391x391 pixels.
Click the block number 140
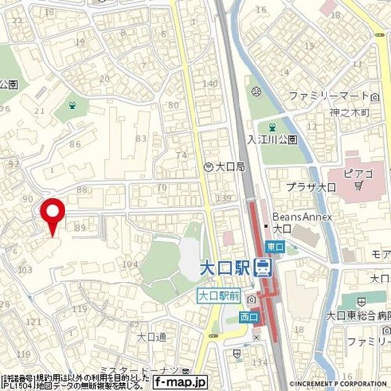[208, 84]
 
